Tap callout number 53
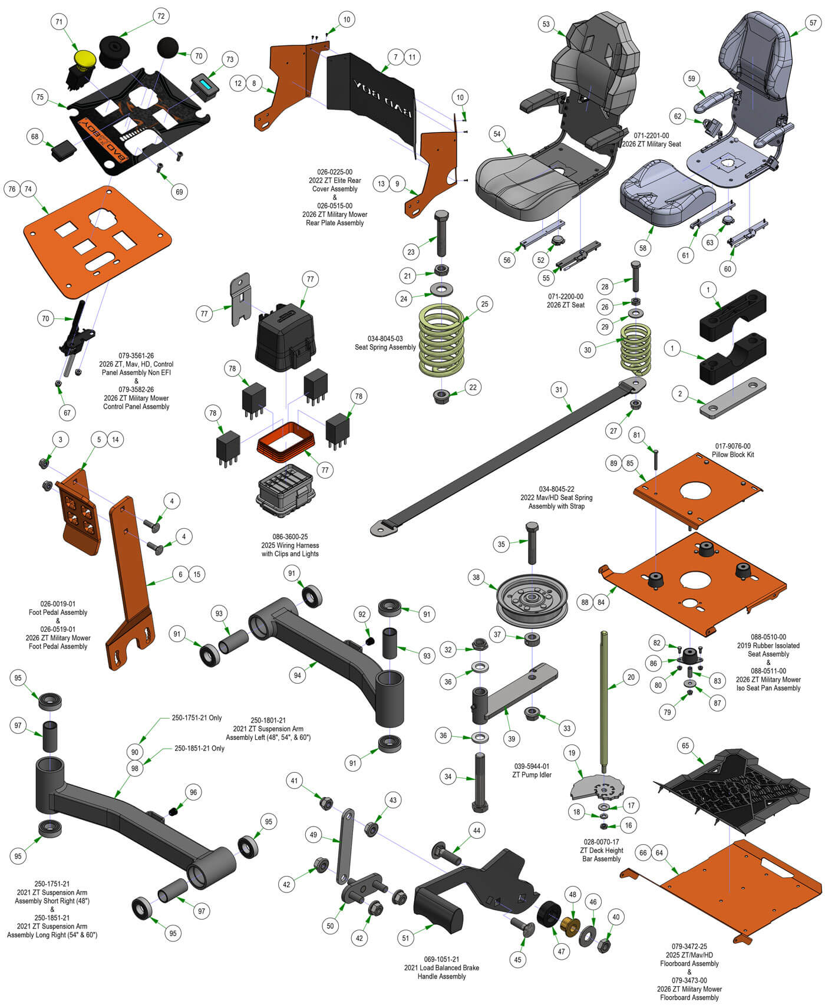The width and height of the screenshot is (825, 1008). [x=546, y=24]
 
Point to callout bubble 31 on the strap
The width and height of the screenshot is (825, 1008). [x=559, y=390]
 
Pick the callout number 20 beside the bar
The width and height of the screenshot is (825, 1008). [x=631, y=677]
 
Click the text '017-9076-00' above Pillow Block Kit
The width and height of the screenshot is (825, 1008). [x=733, y=446]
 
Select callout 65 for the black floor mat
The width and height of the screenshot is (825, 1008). [x=685, y=746]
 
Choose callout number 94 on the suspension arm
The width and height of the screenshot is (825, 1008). [x=298, y=676]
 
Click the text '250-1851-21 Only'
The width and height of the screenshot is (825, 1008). [x=199, y=748]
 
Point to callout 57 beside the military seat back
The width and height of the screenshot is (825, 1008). [x=813, y=23]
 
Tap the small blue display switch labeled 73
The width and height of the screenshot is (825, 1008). [x=205, y=85]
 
